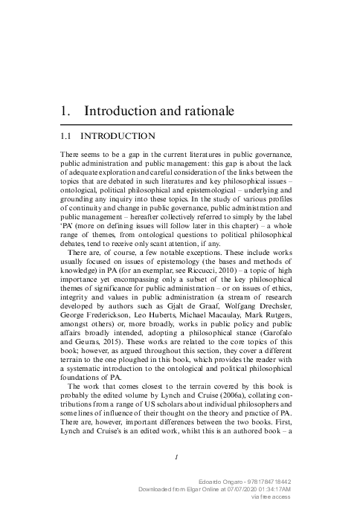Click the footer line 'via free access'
pyautogui.click(x=275, y=499)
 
